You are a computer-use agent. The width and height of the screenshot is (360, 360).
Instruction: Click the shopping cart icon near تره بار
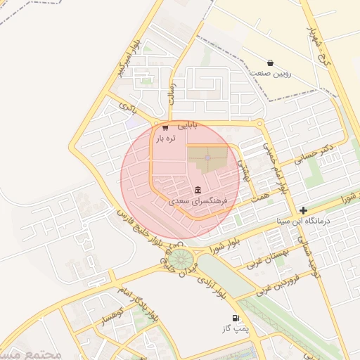click(165, 127)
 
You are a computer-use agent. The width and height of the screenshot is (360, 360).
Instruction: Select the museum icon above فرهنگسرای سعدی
click(198, 190)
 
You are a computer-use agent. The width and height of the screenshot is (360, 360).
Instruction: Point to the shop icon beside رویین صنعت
click(270, 63)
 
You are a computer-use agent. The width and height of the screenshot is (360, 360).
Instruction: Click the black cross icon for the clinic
click(303, 210)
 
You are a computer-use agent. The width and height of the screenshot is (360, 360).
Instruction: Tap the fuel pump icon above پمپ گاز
click(234, 318)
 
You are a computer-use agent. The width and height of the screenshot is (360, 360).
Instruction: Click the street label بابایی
click(187, 125)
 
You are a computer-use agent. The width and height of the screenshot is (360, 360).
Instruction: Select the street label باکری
click(127, 107)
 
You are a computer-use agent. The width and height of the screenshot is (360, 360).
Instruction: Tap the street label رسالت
click(172, 92)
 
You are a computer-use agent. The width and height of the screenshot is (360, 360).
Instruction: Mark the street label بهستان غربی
click(266, 255)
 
